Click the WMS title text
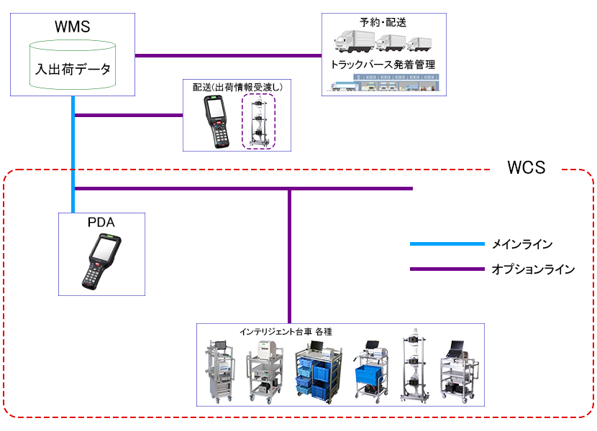tap(73, 27)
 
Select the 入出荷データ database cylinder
tap(73, 65)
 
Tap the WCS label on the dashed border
tap(527, 167)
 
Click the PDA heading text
tap(101, 222)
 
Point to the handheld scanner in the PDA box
tap(101, 261)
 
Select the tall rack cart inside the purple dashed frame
tap(258, 121)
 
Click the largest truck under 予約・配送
tap(355, 41)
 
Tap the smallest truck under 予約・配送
tap(419, 44)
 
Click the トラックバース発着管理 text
tap(383, 65)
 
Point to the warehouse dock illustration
tap(384, 83)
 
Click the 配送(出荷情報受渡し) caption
tap(237, 87)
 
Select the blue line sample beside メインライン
tap(447, 244)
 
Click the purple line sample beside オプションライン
tap(447, 269)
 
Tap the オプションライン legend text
tap(533, 269)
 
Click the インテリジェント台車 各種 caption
tap(286, 332)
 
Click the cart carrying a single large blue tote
tap(371, 370)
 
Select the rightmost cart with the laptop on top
tap(459, 371)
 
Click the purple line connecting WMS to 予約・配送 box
tap(229, 55)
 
